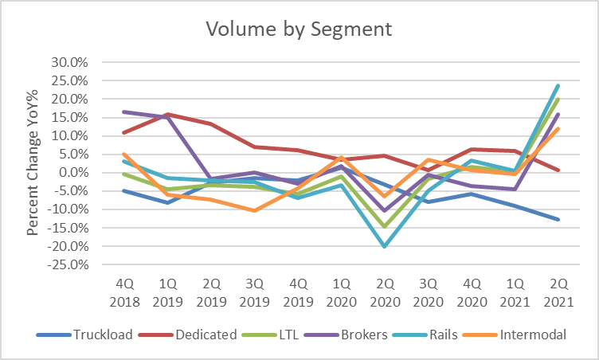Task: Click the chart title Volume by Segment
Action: point(299,29)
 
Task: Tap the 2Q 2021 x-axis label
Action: point(558,292)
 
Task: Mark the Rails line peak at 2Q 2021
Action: point(558,85)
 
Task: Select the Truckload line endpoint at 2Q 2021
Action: point(558,219)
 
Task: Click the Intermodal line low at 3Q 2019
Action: point(254,210)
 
